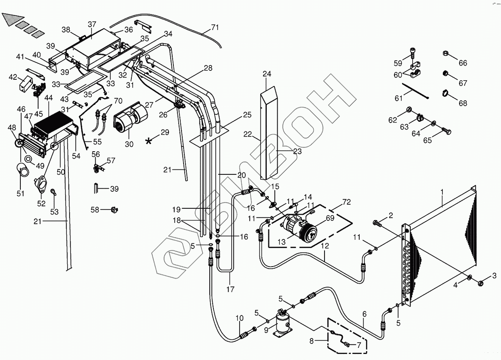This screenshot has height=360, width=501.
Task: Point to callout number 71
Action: (215, 27)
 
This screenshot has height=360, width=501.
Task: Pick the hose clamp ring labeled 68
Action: (445, 92)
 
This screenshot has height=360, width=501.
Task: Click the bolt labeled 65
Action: (445, 131)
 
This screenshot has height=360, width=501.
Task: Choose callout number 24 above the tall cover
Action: (267, 74)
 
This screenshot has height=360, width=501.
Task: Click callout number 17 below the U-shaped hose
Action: (230, 290)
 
